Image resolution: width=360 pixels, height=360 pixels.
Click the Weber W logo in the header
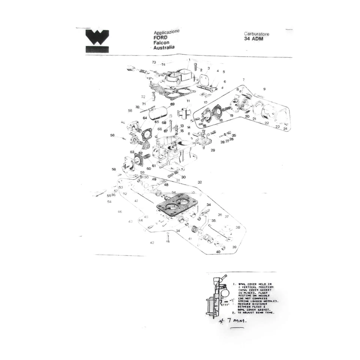tap(97, 40)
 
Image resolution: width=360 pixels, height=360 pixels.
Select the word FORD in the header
tap(160, 38)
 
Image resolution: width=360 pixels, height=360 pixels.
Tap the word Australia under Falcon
tap(164, 48)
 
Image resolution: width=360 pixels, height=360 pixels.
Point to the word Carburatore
tap(256, 34)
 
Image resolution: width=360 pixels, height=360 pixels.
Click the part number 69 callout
tap(172, 104)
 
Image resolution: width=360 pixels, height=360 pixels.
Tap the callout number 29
tap(213, 150)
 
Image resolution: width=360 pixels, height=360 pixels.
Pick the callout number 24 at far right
tap(285, 129)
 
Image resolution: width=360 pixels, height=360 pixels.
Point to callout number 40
tap(218, 252)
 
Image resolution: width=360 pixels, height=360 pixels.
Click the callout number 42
tap(152, 243)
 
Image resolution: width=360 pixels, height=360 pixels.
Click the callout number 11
tap(188, 101)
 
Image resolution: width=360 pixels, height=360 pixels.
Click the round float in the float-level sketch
tap(225, 292)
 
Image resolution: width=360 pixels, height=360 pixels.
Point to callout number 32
tap(200, 182)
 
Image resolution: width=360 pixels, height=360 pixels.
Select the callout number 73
tap(154, 62)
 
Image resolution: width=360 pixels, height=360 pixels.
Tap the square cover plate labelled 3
tap(204, 80)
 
